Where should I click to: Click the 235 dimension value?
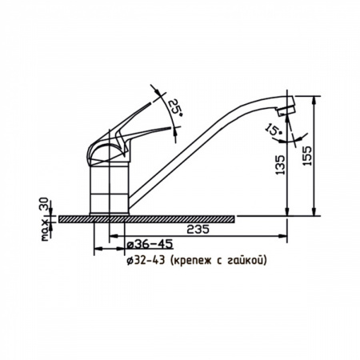[198, 230]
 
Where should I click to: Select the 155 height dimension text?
[307, 155]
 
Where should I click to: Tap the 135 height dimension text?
[280, 165]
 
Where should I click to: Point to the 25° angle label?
[176, 107]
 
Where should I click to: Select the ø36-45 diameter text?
[150, 244]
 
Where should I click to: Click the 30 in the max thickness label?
[44, 204]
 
